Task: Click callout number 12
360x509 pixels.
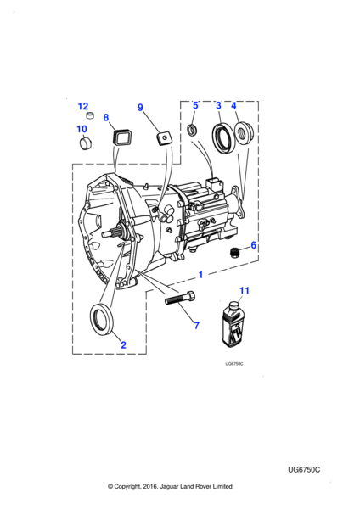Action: (83, 106)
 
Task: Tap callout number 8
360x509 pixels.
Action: (106, 117)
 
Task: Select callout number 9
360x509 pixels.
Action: (140, 108)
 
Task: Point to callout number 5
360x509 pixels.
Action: (195, 105)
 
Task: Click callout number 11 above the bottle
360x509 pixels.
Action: (245, 290)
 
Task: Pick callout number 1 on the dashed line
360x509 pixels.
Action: (200, 275)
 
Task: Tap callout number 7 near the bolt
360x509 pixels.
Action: (197, 325)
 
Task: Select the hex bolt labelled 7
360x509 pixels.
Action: (180, 298)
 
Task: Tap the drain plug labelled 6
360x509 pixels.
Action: (233, 252)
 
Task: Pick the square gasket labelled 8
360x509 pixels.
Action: (119, 137)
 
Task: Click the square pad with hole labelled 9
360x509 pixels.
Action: (165, 140)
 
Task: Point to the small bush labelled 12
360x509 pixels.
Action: (90, 115)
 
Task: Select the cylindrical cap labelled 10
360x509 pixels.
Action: (86, 143)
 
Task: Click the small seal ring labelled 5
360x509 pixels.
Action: (192, 130)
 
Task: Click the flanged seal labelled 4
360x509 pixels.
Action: (244, 133)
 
